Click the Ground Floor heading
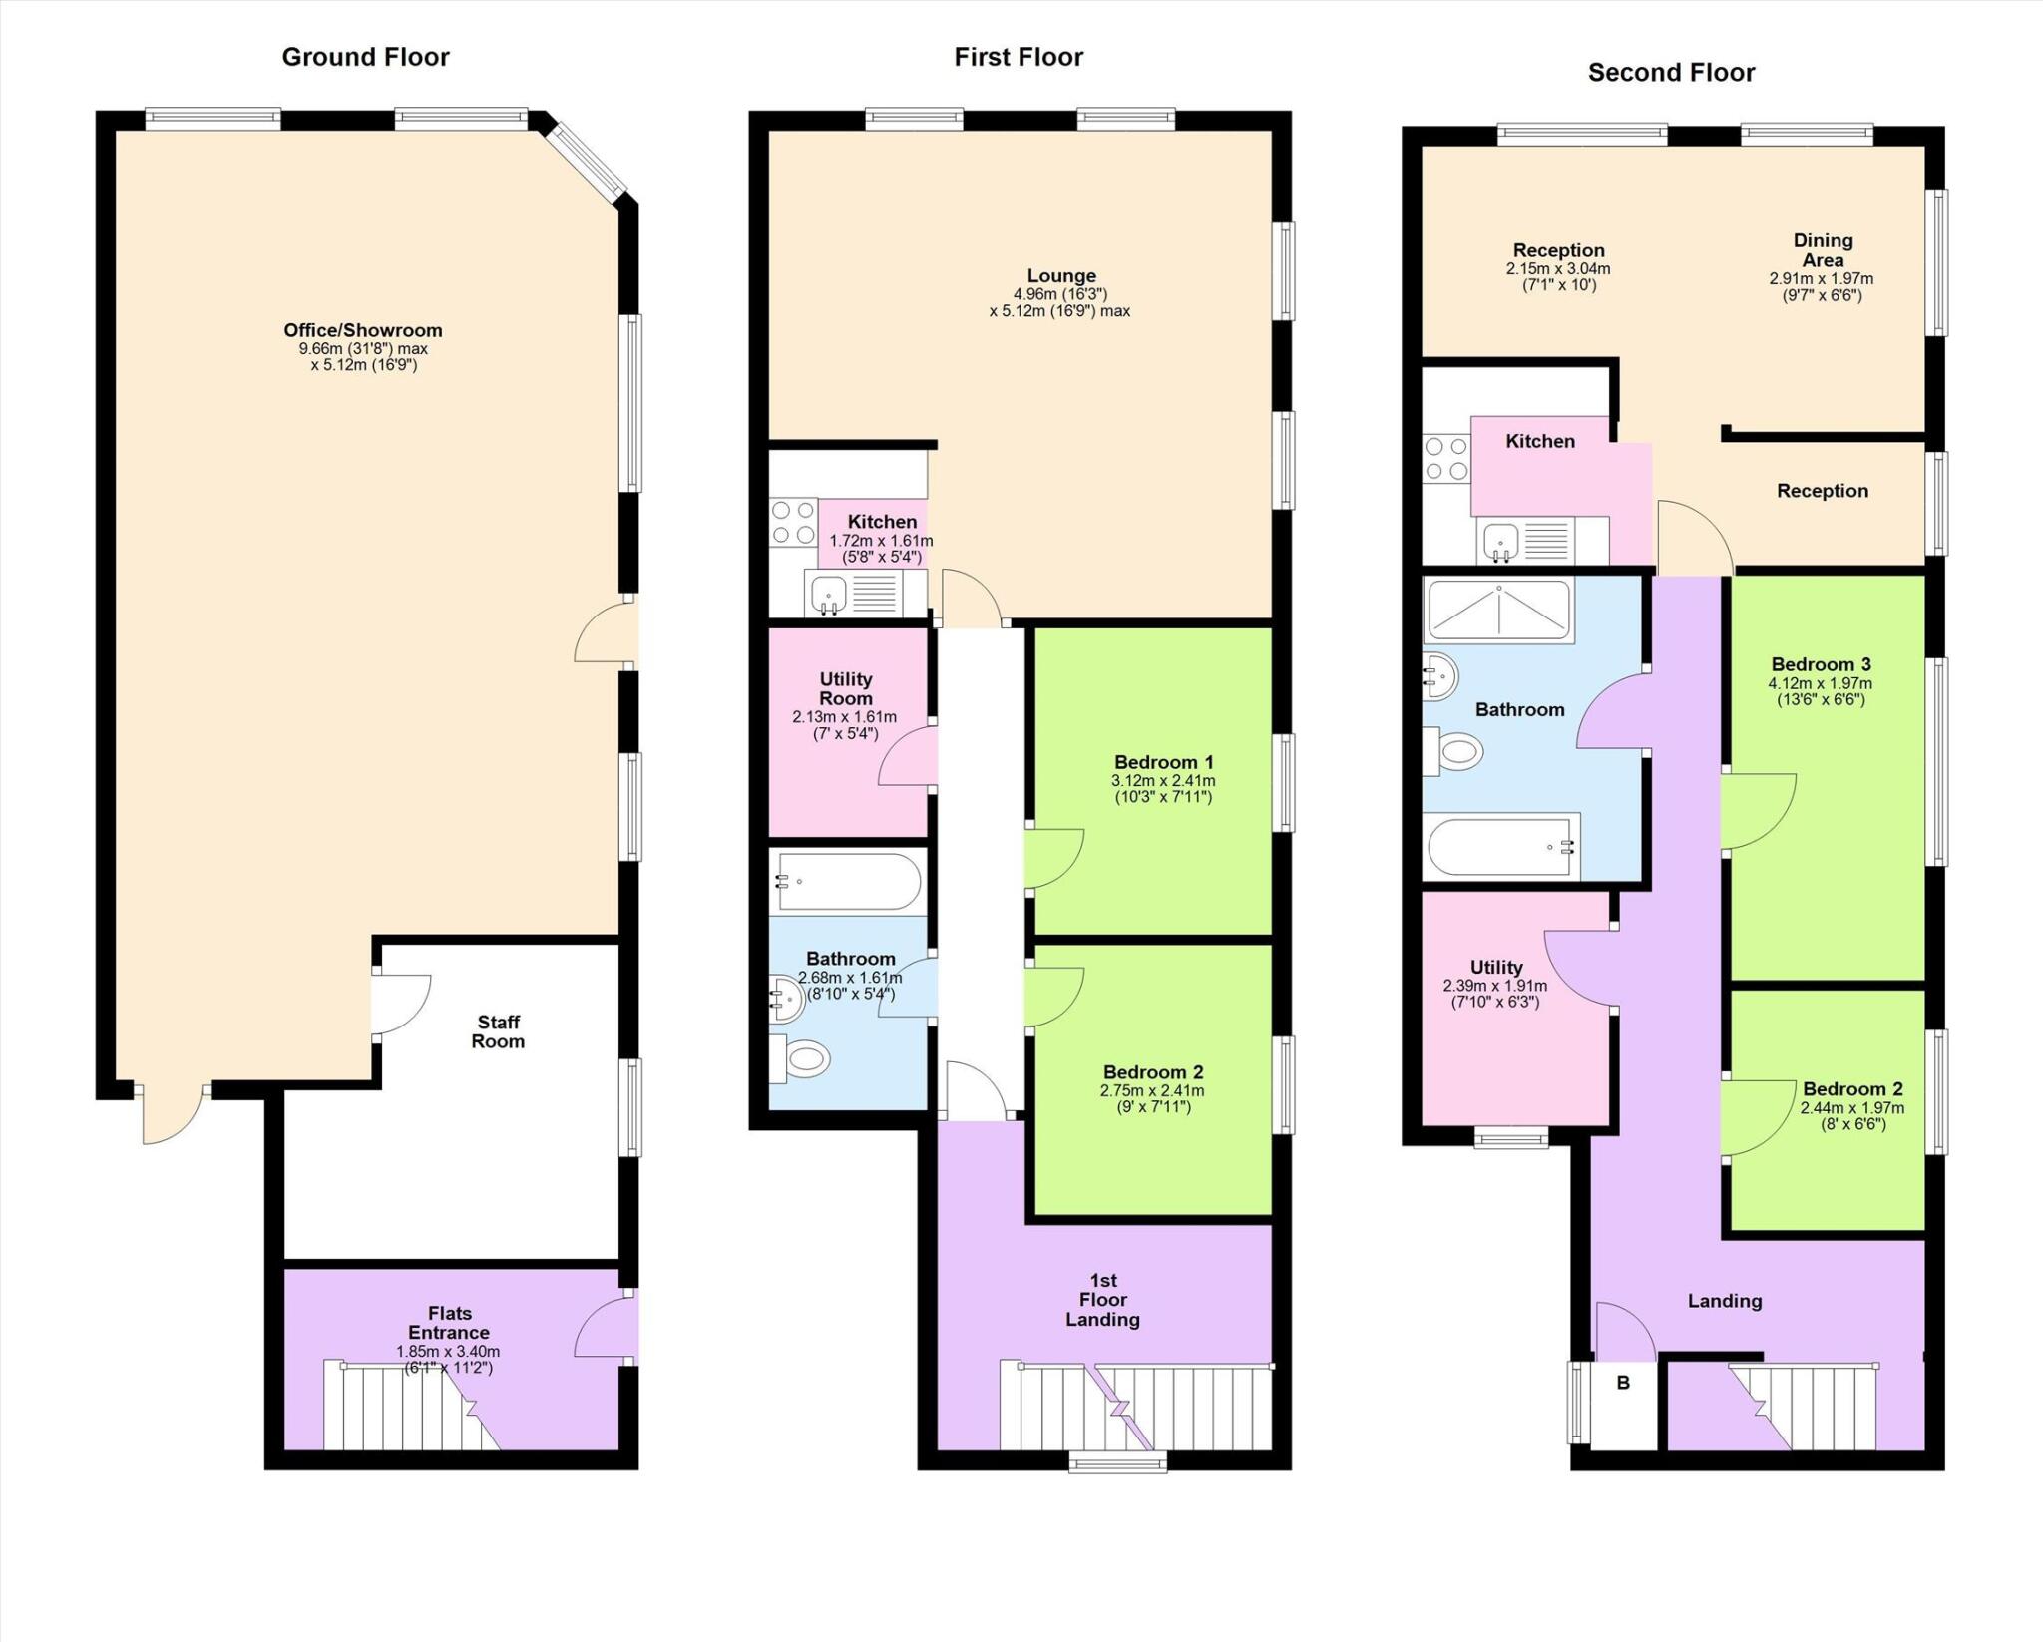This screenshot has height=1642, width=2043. coord(365,57)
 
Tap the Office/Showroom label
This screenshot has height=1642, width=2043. coord(363,330)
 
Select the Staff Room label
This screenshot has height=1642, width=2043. coord(498,1031)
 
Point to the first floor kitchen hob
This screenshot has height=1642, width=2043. coord(793,523)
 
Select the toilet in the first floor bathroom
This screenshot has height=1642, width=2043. coord(802,1059)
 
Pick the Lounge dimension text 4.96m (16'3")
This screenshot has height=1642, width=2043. coord(1060,294)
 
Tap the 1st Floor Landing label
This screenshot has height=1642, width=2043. coord(1102,1299)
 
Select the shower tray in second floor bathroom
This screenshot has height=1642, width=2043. coord(1498,610)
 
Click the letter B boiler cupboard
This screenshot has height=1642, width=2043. coord(1623,1383)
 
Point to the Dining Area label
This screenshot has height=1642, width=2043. coord(1823,250)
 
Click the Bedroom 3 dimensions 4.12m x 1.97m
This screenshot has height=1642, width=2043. coord(1821,684)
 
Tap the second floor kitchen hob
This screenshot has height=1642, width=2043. coord(1446,459)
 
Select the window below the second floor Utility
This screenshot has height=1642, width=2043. coord(1511,1138)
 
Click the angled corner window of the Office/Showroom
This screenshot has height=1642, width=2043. coord(591,160)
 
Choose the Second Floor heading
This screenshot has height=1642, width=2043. coord(1671,73)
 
